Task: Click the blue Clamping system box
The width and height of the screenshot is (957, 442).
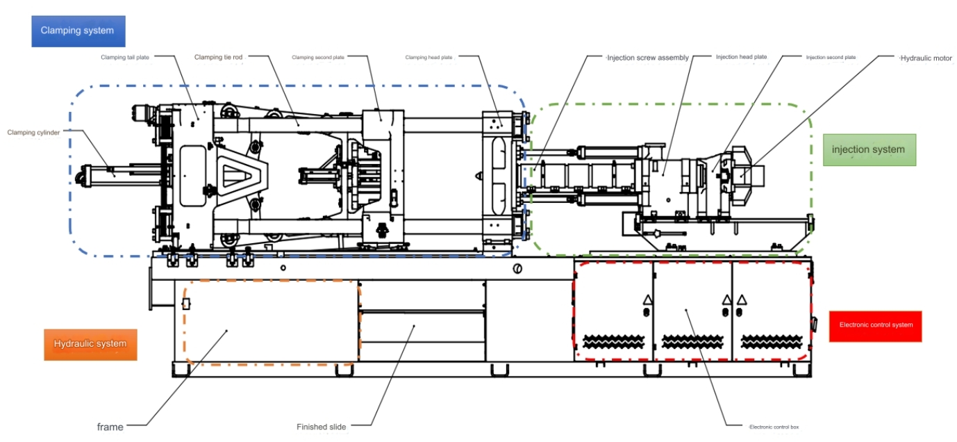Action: (78, 31)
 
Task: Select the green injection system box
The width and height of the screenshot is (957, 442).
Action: (869, 149)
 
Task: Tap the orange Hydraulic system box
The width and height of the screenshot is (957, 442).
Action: (90, 344)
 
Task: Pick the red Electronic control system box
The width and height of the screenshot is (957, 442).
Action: (875, 325)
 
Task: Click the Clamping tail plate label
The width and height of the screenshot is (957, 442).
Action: (125, 57)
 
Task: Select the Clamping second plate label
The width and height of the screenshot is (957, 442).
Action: (318, 57)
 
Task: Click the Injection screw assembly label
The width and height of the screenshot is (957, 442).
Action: (648, 58)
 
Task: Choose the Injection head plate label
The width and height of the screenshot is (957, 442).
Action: (741, 57)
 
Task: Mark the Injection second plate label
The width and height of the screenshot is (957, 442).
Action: (831, 57)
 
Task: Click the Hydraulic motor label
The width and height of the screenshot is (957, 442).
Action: (926, 58)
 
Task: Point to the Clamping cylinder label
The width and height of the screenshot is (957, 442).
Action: (33, 132)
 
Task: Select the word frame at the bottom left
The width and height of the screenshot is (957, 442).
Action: (110, 427)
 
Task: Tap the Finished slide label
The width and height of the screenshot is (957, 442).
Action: (321, 427)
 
